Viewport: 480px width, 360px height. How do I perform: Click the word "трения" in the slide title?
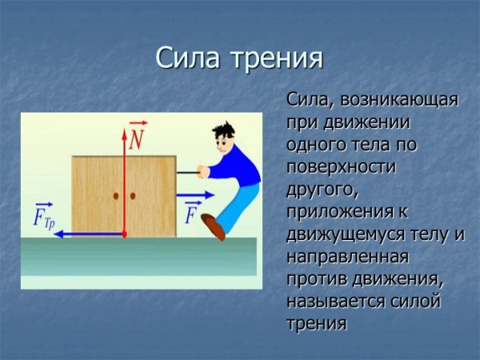[x=277, y=59]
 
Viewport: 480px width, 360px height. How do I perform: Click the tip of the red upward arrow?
[x=124, y=125]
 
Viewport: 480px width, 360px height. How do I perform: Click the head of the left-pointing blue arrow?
[x=64, y=234]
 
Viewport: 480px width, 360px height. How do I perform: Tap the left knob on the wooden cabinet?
[x=116, y=195]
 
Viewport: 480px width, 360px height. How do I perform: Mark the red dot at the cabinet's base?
[x=124, y=234]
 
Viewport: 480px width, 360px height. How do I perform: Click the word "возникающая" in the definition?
[x=399, y=102]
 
